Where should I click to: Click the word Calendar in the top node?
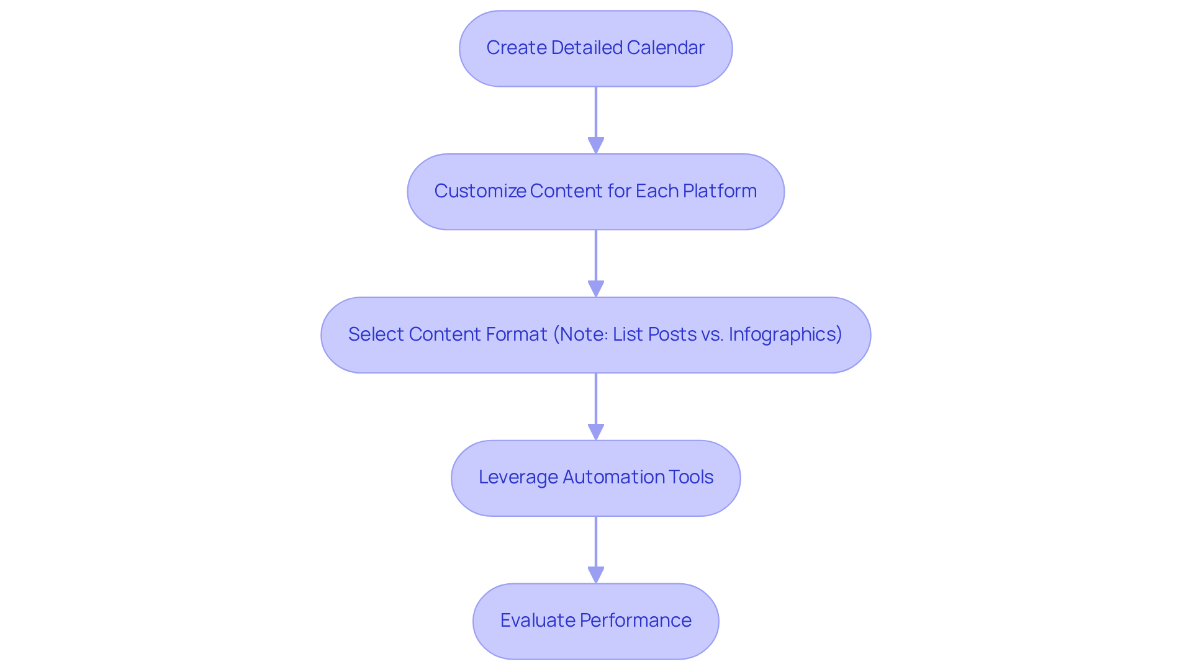click(665, 48)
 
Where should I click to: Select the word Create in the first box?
click(516, 48)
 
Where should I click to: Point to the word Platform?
click(720, 191)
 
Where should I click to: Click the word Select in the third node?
click(376, 334)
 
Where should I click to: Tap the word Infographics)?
click(785, 334)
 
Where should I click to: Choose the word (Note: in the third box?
click(580, 334)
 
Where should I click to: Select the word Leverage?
click(518, 477)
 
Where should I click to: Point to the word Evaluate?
click(538, 620)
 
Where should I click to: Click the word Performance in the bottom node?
click(635, 620)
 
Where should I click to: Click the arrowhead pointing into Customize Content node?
click(596, 146)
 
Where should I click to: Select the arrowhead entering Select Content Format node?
click(596, 289)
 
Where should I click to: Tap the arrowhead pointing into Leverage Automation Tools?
click(596, 432)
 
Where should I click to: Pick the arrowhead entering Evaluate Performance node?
click(596, 575)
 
